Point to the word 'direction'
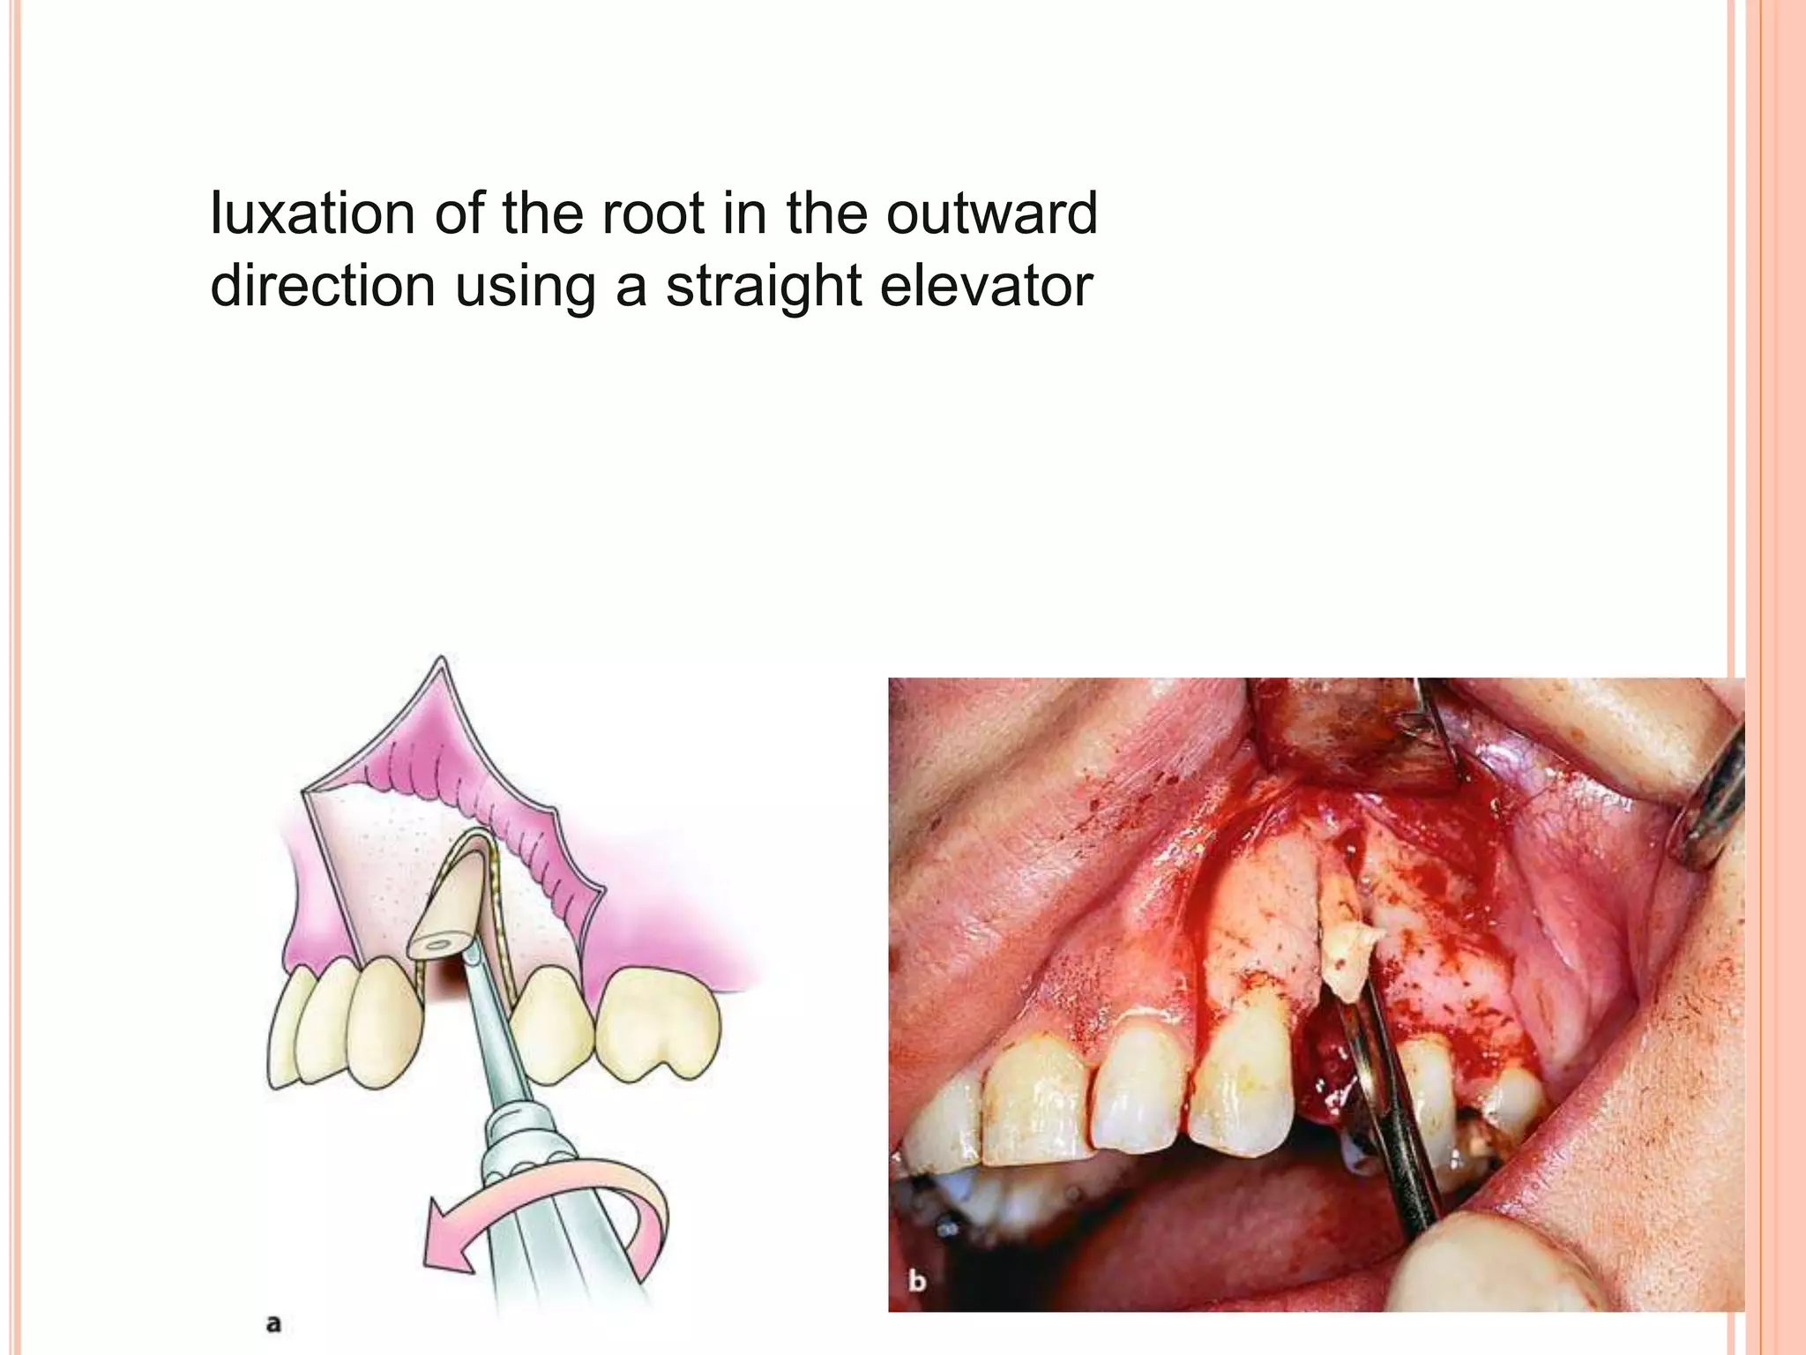point(323,286)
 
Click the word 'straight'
point(764,288)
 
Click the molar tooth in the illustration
point(657,1023)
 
